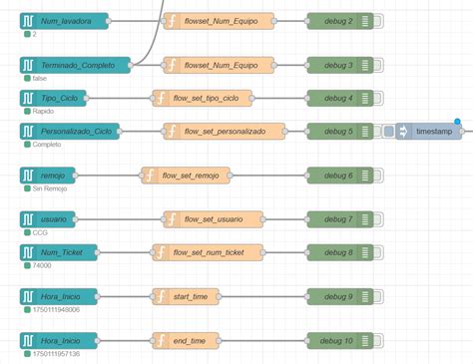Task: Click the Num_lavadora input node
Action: pos(65,21)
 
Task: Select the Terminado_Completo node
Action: pos(75,65)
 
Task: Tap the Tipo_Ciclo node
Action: pos(59,98)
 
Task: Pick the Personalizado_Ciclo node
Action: pos(69,132)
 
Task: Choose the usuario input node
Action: pos(51,218)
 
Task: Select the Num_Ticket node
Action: pos(59,252)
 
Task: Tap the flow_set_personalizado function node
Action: pos(224,132)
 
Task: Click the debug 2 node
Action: pos(339,21)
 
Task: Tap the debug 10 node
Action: pos(339,340)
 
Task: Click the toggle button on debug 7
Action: pos(367,218)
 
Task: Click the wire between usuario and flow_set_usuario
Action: pos(119,218)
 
